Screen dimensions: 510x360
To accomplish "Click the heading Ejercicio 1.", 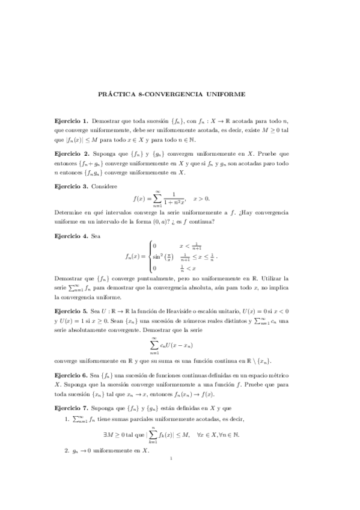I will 71,121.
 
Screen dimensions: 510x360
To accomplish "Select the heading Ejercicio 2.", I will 71,154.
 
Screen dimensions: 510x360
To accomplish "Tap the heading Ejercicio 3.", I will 71,187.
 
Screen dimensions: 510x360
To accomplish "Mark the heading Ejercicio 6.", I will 71,375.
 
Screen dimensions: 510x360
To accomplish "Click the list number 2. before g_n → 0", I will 67,450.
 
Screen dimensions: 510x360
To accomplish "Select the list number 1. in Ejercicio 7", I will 67,418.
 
